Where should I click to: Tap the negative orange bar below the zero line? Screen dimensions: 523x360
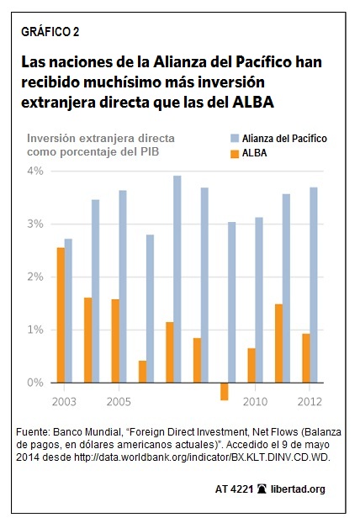point(225,391)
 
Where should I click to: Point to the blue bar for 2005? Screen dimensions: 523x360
point(123,287)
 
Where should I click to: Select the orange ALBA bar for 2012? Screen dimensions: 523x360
point(305,358)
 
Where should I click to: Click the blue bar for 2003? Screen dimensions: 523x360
point(68,310)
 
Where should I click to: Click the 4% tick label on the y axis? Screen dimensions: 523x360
point(37,171)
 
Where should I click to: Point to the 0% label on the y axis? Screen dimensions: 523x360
point(37,383)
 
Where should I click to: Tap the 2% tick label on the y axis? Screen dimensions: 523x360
point(37,277)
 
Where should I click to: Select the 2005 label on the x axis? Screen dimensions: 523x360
point(119,401)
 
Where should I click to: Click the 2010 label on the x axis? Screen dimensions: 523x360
point(255,401)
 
